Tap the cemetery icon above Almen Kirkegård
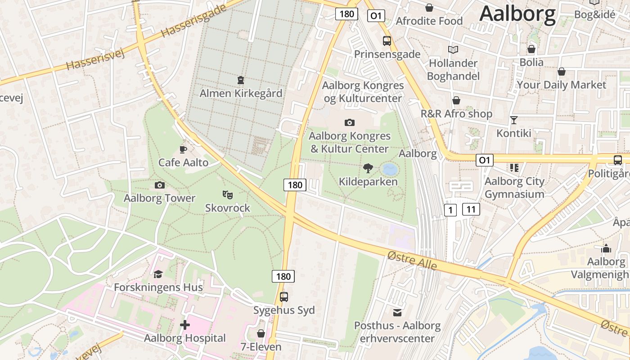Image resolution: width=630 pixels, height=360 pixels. click(x=241, y=80)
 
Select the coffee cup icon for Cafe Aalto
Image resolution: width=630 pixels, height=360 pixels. click(x=183, y=149)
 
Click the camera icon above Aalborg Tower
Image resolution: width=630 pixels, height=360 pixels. click(x=159, y=185)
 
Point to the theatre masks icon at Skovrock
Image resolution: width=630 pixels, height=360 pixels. click(x=228, y=195)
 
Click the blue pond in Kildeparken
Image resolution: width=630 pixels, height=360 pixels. click(x=389, y=170)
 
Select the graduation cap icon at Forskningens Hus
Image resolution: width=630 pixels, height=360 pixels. click(x=158, y=274)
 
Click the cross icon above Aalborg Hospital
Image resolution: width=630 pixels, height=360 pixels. click(x=184, y=325)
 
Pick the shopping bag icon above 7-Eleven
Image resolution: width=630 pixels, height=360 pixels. click(x=261, y=334)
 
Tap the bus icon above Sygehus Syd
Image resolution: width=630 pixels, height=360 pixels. click(x=284, y=297)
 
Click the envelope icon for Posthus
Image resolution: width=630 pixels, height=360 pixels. click(x=397, y=312)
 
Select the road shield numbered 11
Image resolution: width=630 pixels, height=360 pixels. click(x=471, y=209)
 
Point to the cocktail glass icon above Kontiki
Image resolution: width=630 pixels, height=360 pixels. click(x=514, y=120)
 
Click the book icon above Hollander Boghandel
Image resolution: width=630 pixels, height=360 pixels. click(x=453, y=49)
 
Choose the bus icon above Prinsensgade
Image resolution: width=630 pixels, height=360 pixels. click(x=387, y=41)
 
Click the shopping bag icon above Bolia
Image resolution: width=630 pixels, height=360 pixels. click(x=531, y=49)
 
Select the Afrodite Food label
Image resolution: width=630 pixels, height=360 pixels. click(x=429, y=21)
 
